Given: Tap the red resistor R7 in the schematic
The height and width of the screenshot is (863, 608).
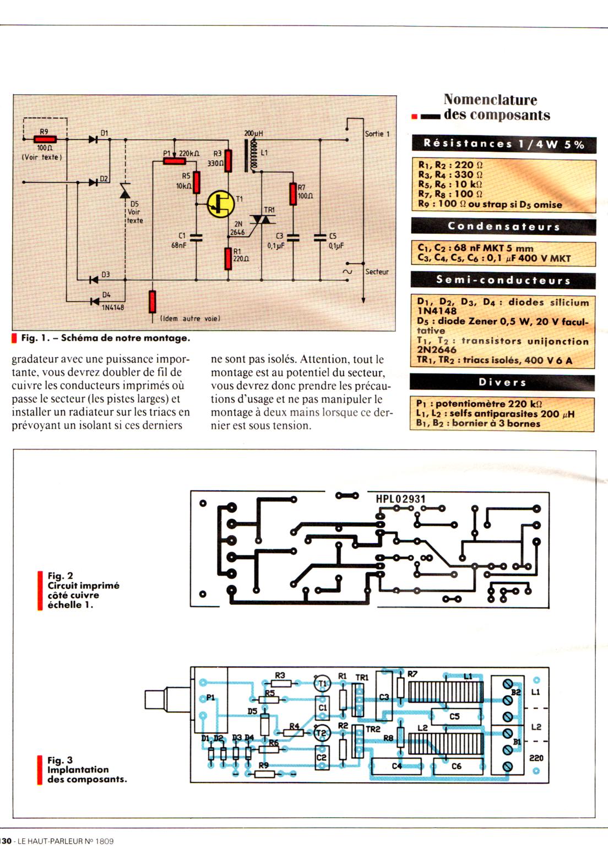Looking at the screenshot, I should pyautogui.click(x=293, y=194).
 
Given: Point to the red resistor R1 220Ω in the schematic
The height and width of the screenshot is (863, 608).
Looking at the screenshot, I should pyautogui.click(x=228, y=258).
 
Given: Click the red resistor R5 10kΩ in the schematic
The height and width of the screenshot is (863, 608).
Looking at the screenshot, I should pyautogui.click(x=196, y=182).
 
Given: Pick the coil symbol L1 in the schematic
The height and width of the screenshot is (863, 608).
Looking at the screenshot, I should pyautogui.click(x=254, y=154).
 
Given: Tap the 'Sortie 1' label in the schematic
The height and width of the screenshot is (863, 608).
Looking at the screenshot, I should pyautogui.click(x=377, y=134).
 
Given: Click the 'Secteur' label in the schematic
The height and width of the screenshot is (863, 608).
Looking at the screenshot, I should pyautogui.click(x=377, y=272).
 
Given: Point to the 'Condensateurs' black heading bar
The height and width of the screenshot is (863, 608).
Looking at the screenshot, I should pyautogui.click(x=503, y=226).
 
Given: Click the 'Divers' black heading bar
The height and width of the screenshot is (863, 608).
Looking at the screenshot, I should pyautogui.click(x=502, y=382).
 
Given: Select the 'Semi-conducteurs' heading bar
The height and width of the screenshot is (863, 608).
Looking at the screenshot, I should pyautogui.click(x=503, y=280).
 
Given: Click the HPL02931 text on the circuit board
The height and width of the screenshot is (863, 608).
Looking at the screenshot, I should pyautogui.click(x=400, y=499).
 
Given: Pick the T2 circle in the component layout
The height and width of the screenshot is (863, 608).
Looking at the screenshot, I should pyautogui.click(x=322, y=733).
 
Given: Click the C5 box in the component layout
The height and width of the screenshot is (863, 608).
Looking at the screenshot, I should pyautogui.click(x=454, y=717).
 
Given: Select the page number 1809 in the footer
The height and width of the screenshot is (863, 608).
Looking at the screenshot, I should pyautogui.click(x=104, y=841).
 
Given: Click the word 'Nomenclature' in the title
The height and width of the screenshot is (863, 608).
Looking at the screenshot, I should pyautogui.click(x=490, y=100).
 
